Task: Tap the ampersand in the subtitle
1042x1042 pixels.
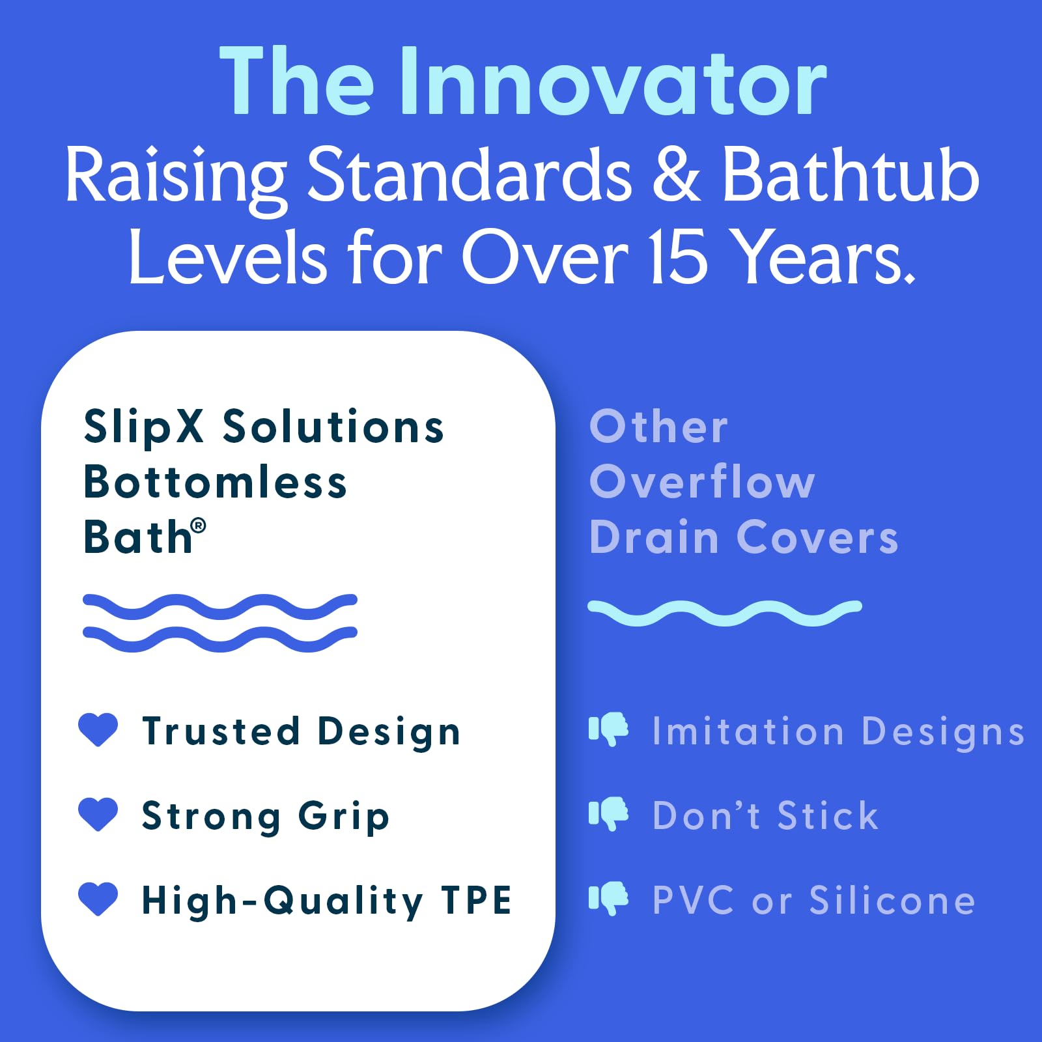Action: [677, 175]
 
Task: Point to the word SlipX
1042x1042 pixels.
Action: [144, 428]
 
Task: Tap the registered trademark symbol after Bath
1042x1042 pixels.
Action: [199, 525]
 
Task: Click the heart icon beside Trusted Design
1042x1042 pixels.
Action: [98, 729]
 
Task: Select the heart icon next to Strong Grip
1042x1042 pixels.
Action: [98, 815]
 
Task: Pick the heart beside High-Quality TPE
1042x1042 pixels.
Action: [98, 899]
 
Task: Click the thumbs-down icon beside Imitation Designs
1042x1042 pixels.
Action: [608, 729]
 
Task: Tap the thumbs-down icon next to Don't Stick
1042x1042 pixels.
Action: [608, 814]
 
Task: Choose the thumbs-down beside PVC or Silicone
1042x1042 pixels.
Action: [608, 899]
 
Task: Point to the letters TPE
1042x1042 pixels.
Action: [476, 901]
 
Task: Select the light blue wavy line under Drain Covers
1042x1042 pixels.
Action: [725, 613]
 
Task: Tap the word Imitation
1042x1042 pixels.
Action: [748, 731]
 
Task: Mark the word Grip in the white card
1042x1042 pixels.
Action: [344, 817]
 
